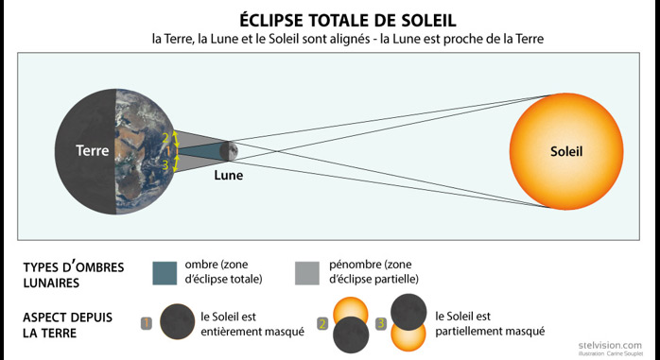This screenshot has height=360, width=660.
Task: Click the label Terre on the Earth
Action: [92, 150]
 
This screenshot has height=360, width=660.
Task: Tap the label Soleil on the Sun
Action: [566, 151]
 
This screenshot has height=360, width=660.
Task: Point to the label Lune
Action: [229, 175]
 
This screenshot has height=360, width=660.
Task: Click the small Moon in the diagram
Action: [229, 151]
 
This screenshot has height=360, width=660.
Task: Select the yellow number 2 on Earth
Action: [165, 138]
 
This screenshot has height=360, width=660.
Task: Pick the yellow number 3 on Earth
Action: [165, 165]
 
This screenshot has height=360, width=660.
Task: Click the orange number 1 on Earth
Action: [168, 151]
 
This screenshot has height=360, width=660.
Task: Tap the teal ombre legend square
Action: [165, 273]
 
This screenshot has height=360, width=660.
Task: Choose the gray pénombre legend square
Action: [307, 273]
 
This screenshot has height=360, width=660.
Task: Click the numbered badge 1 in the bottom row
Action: [146, 323]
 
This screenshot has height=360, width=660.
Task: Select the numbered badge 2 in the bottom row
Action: [322, 324]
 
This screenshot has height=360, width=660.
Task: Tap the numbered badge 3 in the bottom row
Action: [381, 323]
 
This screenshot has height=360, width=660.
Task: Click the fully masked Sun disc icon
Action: [177, 321]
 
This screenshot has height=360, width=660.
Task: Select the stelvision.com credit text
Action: [610, 345]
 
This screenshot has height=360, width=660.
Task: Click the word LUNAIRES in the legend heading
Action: [51, 283]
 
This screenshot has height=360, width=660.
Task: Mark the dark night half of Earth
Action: [85, 151]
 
